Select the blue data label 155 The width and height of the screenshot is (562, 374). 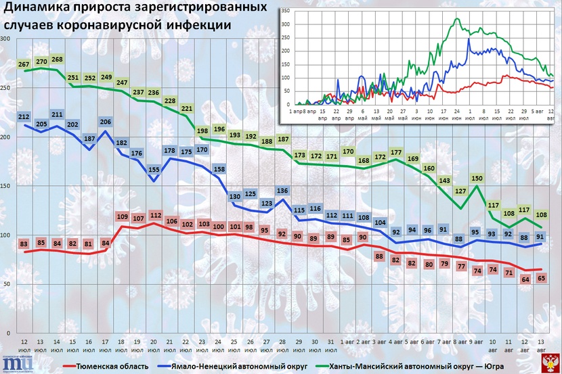(x=154, y=170)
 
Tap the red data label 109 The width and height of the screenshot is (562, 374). (x=123, y=216)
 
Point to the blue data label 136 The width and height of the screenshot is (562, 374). (x=282, y=190)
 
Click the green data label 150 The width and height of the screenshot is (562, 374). (x=476, y=179)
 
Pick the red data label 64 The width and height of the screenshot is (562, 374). (x=524, y=279)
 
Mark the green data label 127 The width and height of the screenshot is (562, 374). (x=460, y=191)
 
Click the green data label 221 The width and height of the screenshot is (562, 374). (x=188, y=109)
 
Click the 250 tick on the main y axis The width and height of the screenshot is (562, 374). (x=5, y=88)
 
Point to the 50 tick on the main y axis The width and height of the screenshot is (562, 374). (x=7, y=284)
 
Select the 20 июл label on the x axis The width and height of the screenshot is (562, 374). (x=154, y=346)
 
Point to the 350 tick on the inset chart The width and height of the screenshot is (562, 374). (x=285, y=11)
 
